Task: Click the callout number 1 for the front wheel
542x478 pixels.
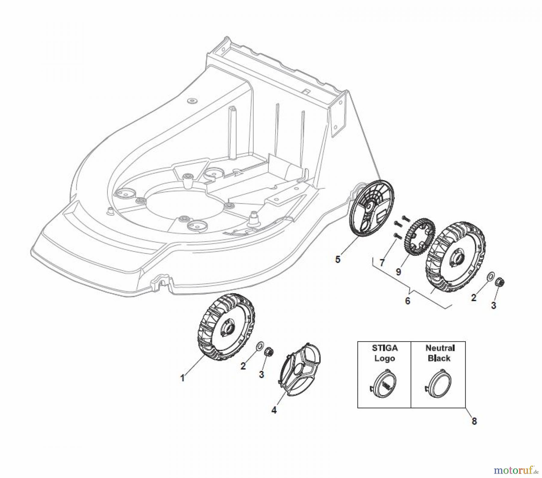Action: (x=182, y=378)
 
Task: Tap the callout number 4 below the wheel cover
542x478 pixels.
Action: (x=274, y=410)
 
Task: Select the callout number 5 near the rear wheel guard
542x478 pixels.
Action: (x=338, y=259)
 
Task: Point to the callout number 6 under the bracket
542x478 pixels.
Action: (x=407, y=301)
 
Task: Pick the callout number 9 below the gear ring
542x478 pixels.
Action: (x=398, y=272)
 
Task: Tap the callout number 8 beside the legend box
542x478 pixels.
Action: (x=474, y=421)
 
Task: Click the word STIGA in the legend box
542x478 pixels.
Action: (x=385, y=348)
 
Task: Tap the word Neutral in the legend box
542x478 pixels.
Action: (x=440, y=348)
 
